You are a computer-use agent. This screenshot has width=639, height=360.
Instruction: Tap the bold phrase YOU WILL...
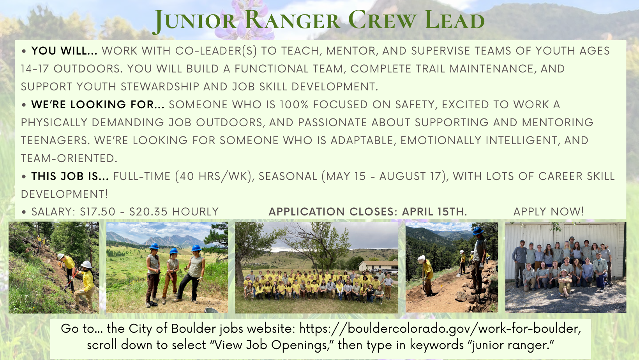click(x=64, y=51)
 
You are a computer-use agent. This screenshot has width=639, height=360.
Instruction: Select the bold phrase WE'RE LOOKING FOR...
click(x=97, y=105)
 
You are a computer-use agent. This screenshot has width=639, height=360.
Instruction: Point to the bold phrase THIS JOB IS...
click(x=70, y=176)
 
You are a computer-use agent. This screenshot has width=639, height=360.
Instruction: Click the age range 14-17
click(x=35, y=69)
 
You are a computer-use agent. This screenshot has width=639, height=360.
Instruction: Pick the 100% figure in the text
click(x=294, y=105)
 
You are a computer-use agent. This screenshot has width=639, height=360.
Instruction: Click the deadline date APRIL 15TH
click(x=434, y=212)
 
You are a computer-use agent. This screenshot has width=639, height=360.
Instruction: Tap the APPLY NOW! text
click(x=549, y=212)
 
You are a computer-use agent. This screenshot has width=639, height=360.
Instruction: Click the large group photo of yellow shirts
click(x=316, y=268)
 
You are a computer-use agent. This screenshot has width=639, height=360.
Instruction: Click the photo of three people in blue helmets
click(x=167, y=268)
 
